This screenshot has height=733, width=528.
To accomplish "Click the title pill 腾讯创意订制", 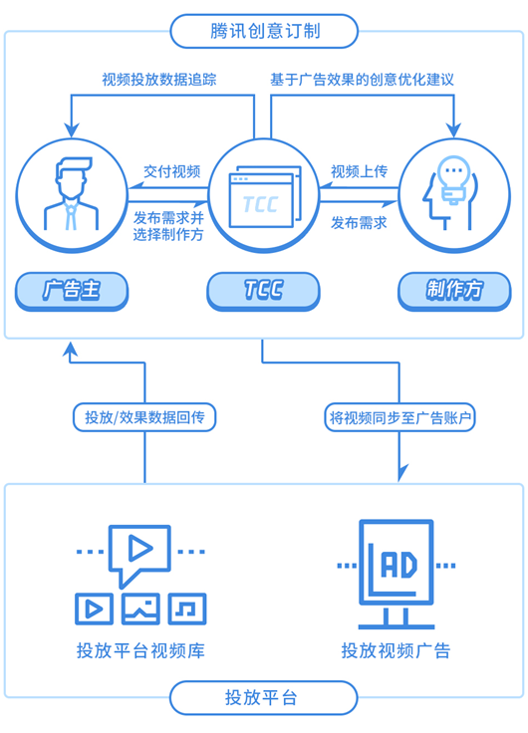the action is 264,31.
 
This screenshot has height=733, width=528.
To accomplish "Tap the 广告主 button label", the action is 72,290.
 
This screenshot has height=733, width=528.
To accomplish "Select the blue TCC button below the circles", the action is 263,290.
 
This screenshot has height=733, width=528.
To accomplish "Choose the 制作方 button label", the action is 454,290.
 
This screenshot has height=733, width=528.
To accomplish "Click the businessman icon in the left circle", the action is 72,193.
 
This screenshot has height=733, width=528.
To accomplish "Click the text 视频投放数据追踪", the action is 159,80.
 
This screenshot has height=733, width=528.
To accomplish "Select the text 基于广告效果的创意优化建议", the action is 362,80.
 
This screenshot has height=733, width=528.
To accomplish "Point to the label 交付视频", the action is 172,171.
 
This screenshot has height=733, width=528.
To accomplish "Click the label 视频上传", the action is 360,171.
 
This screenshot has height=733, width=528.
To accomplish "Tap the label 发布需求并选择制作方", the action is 168,226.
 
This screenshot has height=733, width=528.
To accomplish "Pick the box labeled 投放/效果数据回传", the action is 144,417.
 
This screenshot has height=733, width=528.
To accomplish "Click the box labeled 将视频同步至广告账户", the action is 399,417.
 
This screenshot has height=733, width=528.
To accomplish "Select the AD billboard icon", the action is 396,575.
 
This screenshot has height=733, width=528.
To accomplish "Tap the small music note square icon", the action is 187,609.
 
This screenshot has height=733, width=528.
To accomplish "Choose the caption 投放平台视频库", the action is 140,650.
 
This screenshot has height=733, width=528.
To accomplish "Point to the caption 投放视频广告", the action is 396,650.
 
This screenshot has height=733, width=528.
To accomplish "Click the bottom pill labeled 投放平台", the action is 264,697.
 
